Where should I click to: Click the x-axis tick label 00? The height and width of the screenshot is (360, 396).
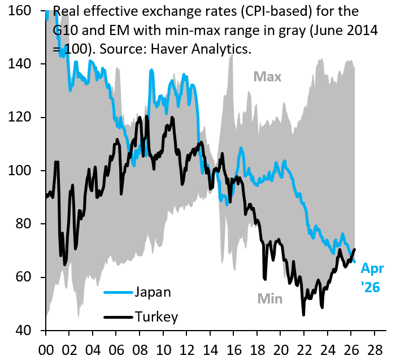pos(46,350)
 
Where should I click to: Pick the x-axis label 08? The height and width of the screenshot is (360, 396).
pos(140,350)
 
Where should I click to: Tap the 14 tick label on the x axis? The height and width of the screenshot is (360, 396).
pos(210,350)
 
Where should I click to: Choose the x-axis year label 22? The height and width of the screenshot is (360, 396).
pos(304,350)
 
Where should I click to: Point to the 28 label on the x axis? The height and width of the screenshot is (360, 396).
pos(375,350)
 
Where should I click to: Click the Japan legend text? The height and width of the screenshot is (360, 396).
pos(153,292)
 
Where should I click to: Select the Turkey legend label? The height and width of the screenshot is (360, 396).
pos(156,317)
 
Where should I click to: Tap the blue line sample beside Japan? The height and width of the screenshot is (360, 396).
pos(118,293)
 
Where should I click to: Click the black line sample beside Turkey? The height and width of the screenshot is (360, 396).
pos(118,317)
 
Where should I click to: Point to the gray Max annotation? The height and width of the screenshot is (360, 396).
pos(267,76)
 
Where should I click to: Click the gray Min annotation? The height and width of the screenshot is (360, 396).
pos(269,299)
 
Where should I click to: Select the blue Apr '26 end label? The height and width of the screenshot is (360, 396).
pos(372,277)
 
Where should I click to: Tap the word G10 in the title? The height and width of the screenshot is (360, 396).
pos(66,31)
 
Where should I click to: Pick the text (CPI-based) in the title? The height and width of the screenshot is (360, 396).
pos(275,11)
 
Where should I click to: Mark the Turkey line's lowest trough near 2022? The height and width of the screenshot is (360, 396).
pos(303,315)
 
